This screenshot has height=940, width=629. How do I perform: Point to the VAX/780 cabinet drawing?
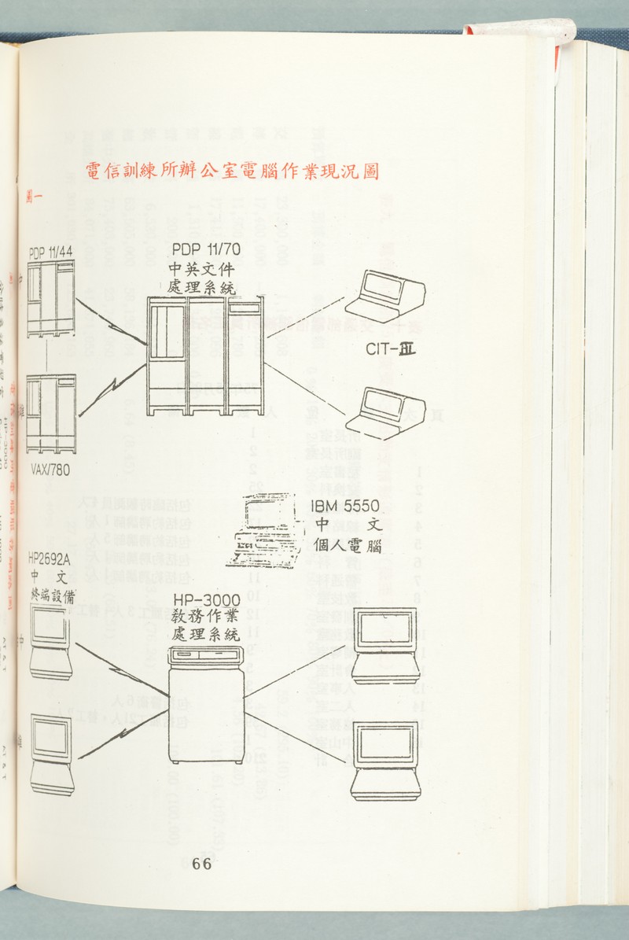[x=51, y=414]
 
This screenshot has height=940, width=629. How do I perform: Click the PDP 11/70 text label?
[x=205, y=250]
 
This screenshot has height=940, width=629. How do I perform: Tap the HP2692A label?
[x=50, y=558]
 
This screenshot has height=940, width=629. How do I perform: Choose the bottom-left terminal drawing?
[x=53, y=754]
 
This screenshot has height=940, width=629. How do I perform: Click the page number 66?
[x=202, y=864]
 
